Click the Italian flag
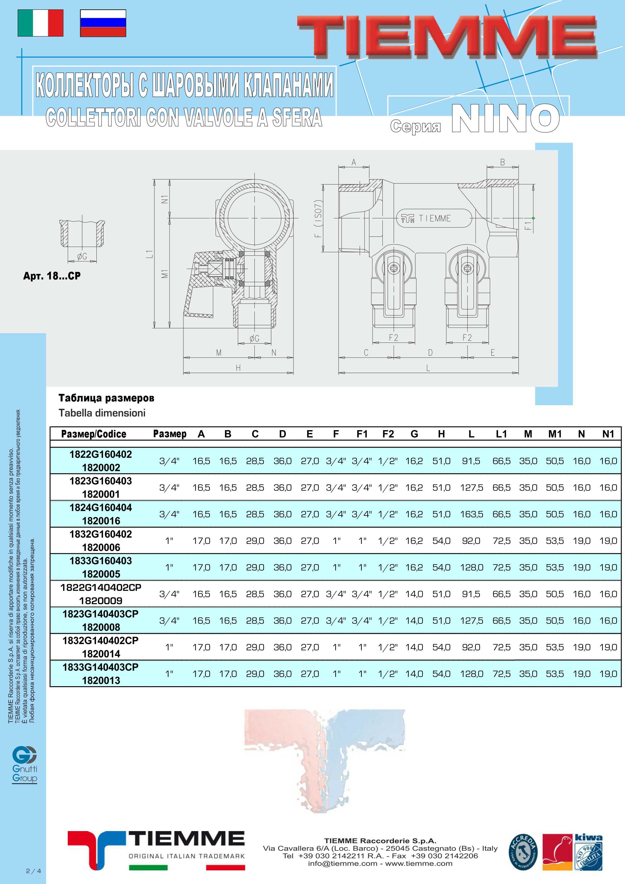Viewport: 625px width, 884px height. [x=40, y=23]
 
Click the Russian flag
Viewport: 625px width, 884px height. [x=103, y=23]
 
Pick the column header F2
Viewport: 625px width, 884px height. [x=388, y=434]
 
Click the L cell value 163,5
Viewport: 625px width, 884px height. [x=471, y=514]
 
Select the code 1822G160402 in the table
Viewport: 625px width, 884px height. [x=101, y=454]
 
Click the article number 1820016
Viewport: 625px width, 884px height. [x=101, y=521]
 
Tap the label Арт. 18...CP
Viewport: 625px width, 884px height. [x=52, y=276]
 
